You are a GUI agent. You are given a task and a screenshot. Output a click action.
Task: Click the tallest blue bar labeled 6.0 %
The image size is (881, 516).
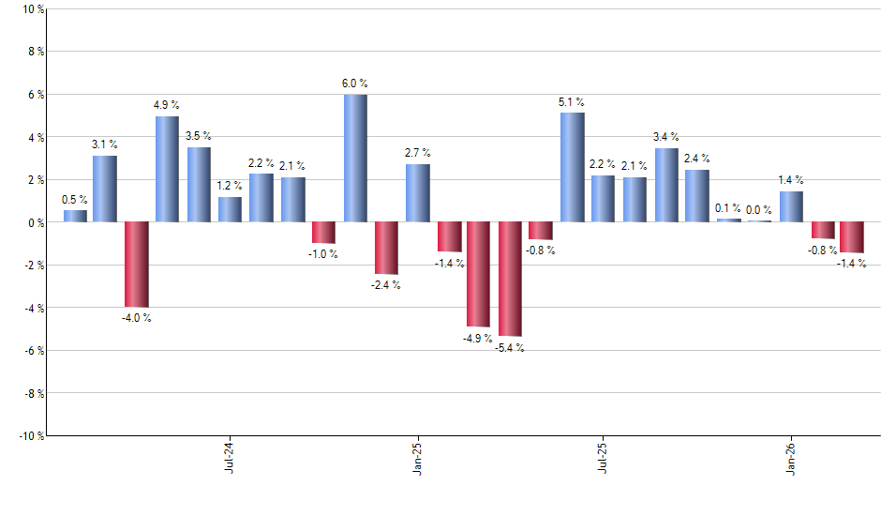[355, 158]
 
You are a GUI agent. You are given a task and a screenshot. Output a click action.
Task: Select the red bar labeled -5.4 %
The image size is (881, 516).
[510, 279]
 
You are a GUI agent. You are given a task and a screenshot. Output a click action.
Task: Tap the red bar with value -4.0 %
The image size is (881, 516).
[136, 265]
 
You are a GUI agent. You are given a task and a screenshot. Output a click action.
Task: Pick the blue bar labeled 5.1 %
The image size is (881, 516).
[572, 167]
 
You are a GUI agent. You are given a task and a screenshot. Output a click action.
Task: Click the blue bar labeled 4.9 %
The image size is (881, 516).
[167, 169]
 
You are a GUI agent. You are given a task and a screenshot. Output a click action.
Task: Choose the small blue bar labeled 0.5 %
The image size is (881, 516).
[75, 216]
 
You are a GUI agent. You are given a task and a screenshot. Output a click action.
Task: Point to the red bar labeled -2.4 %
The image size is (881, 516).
[386, 248]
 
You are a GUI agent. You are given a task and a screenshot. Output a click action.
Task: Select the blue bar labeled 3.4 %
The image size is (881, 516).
[666, 185]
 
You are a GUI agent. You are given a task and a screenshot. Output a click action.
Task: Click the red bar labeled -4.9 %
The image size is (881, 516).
[478, 274]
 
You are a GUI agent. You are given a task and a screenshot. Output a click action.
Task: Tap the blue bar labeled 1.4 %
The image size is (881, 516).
[791, 206]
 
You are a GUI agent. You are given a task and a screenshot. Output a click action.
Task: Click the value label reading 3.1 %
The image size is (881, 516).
[105, 144]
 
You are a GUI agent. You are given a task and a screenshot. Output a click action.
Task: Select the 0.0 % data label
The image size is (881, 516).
[759, 209]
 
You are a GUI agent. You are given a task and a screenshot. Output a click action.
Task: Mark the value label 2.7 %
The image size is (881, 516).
[418, 153]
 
